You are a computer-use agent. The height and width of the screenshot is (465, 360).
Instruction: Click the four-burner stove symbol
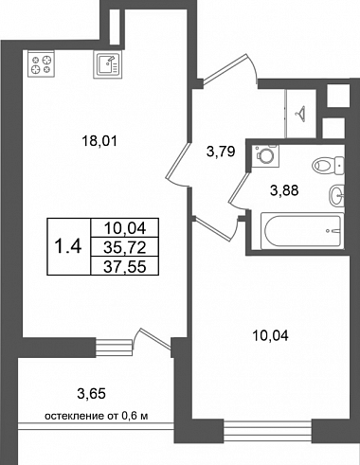pos(41,64)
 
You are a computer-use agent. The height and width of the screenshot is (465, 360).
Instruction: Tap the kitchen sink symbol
pos(107,64)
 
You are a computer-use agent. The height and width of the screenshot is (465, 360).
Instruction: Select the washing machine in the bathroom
pos(266,155)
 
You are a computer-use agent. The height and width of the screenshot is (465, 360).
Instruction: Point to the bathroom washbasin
pos(336,196)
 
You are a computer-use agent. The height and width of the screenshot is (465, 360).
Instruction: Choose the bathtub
pos(302,231)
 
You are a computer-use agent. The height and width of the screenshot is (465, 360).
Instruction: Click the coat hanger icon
pos(300,114)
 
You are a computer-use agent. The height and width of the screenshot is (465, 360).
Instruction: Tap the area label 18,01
pos(99,141)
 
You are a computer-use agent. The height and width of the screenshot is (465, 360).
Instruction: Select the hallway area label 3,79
pos(221,152)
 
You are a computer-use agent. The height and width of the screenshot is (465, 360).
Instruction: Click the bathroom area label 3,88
pos(284,190)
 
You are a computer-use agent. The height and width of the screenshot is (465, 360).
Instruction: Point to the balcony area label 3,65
pos(91,394)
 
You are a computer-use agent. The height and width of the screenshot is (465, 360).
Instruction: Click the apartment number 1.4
pos(68,246)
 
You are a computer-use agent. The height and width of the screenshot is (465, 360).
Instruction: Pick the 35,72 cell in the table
pos(125,248)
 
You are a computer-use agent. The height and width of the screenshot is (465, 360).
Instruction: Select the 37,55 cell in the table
pos(125,267)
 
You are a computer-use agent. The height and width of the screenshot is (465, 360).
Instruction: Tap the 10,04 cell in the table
pos(125,228)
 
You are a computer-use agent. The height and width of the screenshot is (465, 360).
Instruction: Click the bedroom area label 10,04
pos(271,336)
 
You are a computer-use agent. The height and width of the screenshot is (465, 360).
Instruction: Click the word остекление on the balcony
pos(74,417)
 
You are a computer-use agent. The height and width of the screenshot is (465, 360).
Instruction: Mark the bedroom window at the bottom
pos(268,430)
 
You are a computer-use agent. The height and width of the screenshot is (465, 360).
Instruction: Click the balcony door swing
pos(153,339)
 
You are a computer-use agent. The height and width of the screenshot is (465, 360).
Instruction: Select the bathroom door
pos(239,189)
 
